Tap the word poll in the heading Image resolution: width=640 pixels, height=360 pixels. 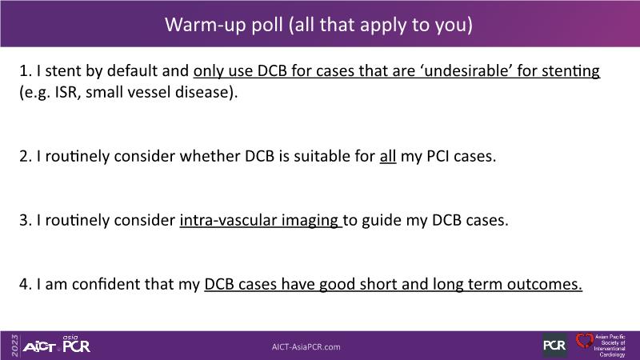pyautogui.click(x=267, y=26)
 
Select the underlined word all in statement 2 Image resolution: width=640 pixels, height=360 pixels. pyautogui.click(x=388, y=156)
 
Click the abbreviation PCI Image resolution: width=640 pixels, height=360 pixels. pyautogui.click(x=438, y=156)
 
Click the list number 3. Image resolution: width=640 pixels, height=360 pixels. pyautogui.click(x=24, y=221)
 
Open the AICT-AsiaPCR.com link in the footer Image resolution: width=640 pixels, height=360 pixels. pyautogui.click(x=306, y=347)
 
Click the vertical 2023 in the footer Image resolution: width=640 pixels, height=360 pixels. pyautogui.click(x=14, y=346)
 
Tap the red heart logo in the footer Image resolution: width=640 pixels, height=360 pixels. pyautogui.click(x=584, y=341)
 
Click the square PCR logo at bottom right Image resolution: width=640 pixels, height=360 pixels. pyautogui.click(x=554, y=346)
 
